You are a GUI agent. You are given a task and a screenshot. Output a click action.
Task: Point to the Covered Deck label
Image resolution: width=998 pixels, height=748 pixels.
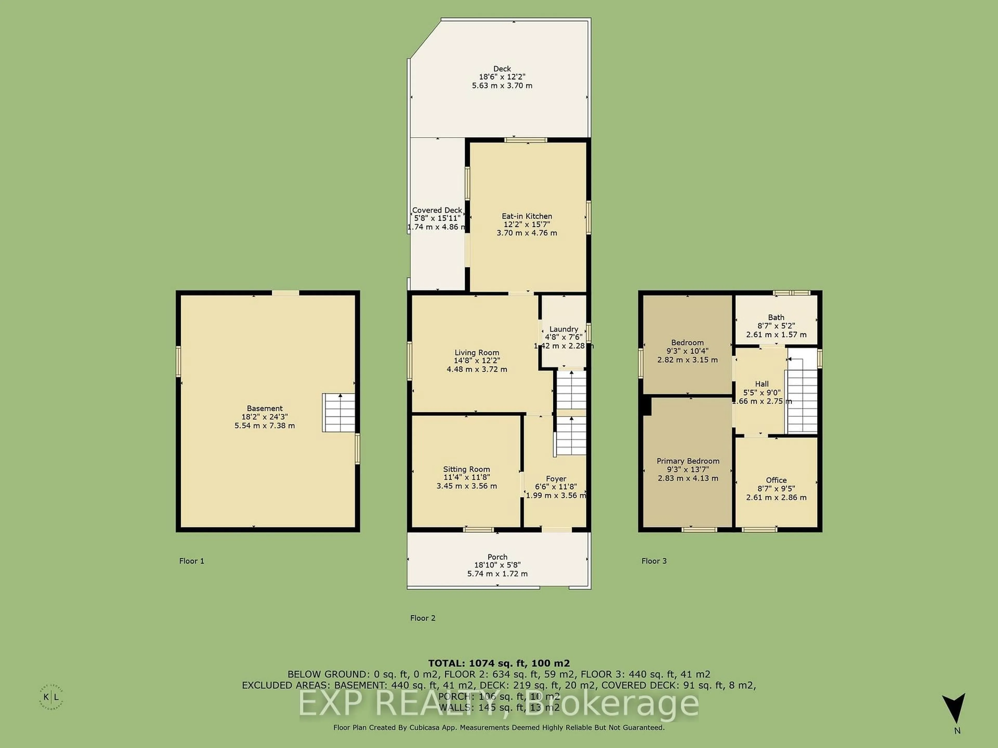437,210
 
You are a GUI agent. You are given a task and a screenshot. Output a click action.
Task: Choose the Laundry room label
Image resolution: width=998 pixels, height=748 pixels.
563,329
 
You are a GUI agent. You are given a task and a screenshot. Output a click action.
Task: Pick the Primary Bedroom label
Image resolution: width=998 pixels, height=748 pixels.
688,461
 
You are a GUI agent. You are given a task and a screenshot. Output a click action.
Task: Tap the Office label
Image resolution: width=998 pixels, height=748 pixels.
776,480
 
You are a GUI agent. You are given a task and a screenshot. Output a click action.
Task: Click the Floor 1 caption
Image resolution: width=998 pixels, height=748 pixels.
192,561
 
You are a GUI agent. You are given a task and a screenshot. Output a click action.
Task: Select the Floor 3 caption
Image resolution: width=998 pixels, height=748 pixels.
654,561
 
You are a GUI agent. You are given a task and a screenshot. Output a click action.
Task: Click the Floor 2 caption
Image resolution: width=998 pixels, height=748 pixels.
423,618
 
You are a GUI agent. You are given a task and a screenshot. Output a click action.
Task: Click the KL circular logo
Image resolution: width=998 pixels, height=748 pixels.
51,697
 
